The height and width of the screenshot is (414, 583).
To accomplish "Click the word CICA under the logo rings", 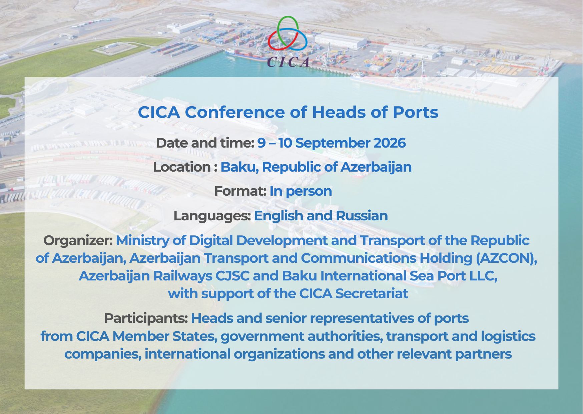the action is tap(288, 62).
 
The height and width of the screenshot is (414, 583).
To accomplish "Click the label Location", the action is tap(181, 167).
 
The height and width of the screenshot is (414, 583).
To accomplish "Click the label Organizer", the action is tap(78, 241).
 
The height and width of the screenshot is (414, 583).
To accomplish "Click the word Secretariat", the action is tap(372, 294).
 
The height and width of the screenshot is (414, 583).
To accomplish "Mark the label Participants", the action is tap(146, 319).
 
